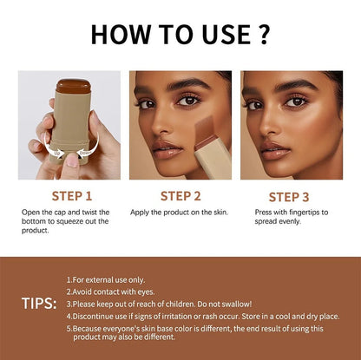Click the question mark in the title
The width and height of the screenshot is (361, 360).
[265, 36]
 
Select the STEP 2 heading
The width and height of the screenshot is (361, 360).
[180, 195]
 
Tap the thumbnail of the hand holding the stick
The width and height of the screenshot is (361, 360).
[69, 125]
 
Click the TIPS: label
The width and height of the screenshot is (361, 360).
[40, 304]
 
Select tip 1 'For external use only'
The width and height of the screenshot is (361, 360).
[108, 278]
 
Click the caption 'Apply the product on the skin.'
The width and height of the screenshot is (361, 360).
[178, 213]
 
